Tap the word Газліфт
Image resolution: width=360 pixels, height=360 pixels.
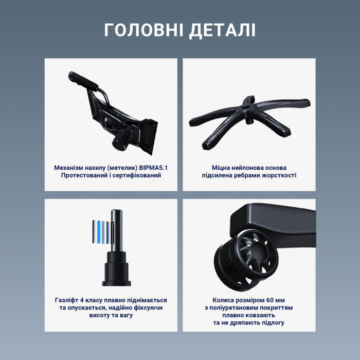click(68, 300)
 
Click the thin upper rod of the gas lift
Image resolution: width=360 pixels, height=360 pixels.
click(116, 226)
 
